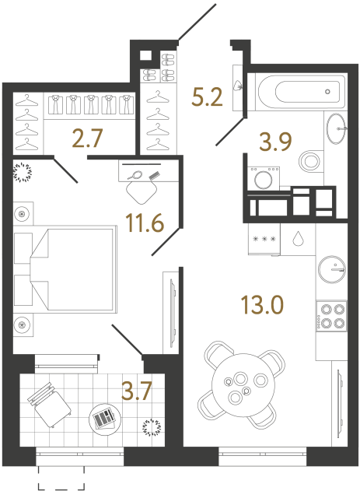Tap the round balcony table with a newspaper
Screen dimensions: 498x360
click(x=103, y=420)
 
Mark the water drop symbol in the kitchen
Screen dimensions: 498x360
click(x=299, y=239)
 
